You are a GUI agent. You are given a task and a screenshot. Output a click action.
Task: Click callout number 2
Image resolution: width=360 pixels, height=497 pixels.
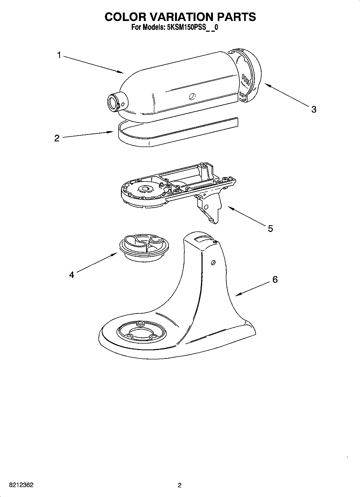click(57, 138)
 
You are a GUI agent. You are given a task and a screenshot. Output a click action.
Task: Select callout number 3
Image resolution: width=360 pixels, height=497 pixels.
click(313, 109)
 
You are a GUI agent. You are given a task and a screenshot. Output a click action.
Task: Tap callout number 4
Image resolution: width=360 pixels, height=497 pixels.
click(72, 275)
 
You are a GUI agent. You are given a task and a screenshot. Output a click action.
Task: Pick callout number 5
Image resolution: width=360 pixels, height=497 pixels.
click(270, 228)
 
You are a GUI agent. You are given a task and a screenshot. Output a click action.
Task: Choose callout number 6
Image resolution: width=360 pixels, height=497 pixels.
click(275, 280)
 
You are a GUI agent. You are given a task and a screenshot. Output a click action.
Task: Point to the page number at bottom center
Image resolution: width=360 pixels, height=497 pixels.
click(180, 485)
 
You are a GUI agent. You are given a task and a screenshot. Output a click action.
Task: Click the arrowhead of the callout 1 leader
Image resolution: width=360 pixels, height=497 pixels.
click(122, 72)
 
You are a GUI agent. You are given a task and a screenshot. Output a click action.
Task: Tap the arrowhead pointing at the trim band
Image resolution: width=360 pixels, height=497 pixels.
click(111, 132)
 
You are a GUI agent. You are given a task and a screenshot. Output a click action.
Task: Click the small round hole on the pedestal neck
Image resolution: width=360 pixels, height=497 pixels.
click(213, 262)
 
